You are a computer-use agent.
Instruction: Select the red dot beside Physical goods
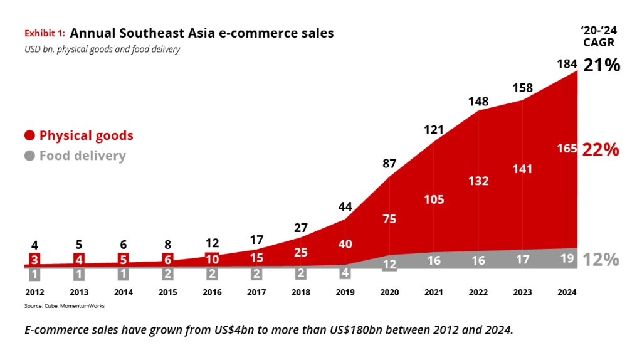[29, 135]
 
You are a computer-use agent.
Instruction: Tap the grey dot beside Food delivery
[29, 156]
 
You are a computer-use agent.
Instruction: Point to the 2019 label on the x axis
[344, 292]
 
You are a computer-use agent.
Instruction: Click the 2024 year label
[567, 292]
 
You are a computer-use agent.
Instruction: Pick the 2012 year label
[34, 292]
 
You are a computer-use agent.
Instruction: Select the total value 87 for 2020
[389, 164]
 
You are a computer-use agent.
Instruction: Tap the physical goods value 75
[389, 218]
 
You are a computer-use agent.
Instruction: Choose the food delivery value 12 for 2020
[389, 265]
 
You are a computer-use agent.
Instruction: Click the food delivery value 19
[567, 258]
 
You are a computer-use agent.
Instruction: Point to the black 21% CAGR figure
[602, 65]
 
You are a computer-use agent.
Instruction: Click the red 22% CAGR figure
[601, 149]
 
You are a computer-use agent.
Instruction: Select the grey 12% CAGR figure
[601, 260]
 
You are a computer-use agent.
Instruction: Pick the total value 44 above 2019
[344, 206]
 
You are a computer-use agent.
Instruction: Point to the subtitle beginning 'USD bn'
[102, 49]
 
